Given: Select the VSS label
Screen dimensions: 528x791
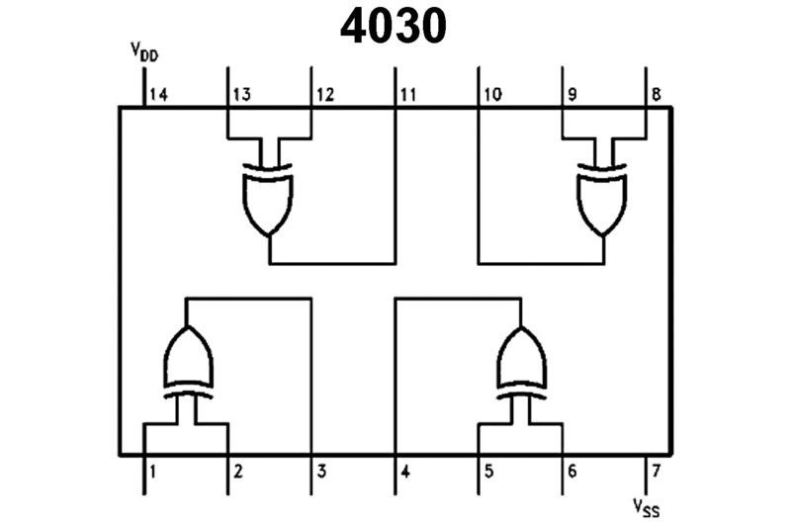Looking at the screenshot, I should (x=648, y=508).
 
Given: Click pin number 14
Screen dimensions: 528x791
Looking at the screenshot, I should (x=157, y=95).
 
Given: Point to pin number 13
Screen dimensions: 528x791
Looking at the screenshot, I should (x=241, y=95).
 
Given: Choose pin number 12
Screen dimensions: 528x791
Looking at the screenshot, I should (x=325, y=95).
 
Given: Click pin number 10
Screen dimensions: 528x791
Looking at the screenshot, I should (x=492, y=95).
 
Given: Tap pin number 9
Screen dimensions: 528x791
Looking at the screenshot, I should (x=571, y=95).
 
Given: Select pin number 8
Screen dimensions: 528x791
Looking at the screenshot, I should (x=656, y=95).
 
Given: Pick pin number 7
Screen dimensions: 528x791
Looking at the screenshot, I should (x=654, y=471).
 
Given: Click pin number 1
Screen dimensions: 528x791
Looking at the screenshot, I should (x=152, y=471).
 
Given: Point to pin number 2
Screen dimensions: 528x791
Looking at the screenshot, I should (x=236, y=471).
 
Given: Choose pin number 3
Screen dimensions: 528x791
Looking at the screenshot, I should (x=321, y=471).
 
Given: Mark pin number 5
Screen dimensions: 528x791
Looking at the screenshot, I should (x=487, y=471).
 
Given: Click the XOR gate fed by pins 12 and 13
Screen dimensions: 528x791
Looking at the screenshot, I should (x=269, y=198).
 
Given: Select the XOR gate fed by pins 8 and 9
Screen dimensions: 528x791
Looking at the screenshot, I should (x=603, y=198).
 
